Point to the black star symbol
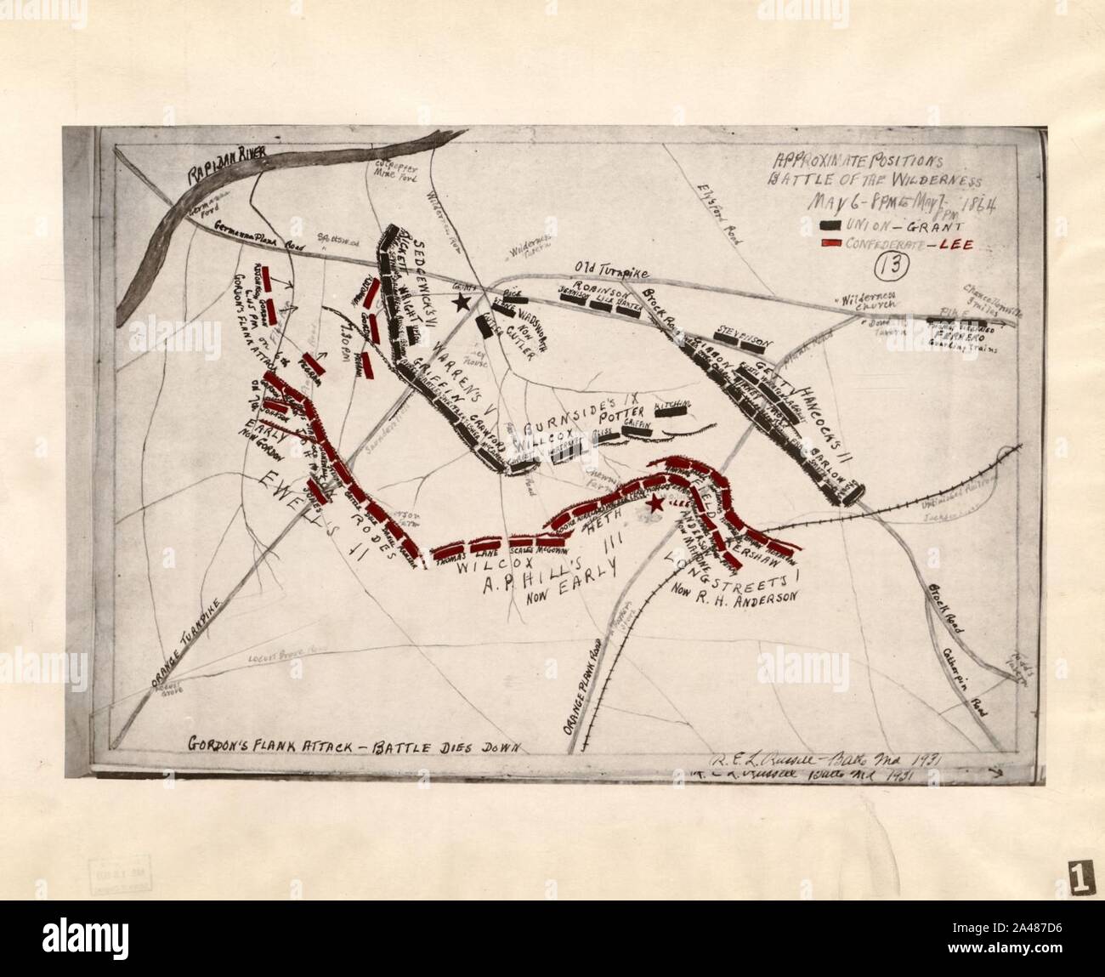point(462,302)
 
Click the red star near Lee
point(654,504)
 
